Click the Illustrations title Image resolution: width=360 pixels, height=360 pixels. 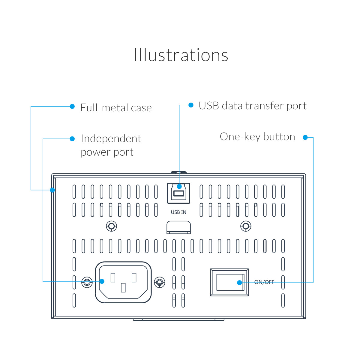181,55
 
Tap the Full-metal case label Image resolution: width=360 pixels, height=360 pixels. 116,108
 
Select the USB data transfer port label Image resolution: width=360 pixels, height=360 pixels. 253,106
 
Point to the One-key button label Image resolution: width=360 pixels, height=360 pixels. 257,137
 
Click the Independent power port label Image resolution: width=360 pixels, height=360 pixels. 111,145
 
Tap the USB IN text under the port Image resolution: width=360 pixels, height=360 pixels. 178,212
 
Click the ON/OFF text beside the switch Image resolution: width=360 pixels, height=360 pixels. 264,282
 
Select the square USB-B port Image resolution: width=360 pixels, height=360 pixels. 178,193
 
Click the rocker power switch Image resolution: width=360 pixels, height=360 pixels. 229,282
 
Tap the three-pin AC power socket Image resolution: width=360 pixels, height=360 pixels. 123,282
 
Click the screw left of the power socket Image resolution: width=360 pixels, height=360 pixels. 87,282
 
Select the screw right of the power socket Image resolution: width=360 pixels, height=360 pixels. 159,282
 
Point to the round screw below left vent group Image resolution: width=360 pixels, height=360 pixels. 112,226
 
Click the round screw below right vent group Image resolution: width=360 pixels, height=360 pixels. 246,226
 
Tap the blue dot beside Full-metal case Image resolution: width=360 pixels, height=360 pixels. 72,106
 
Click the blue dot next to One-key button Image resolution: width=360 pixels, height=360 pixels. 305,137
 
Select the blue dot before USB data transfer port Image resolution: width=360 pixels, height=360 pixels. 191,105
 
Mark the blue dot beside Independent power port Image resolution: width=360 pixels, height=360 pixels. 72,139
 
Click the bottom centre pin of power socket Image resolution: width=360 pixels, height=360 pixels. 123,288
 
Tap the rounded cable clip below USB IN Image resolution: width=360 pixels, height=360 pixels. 178,227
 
